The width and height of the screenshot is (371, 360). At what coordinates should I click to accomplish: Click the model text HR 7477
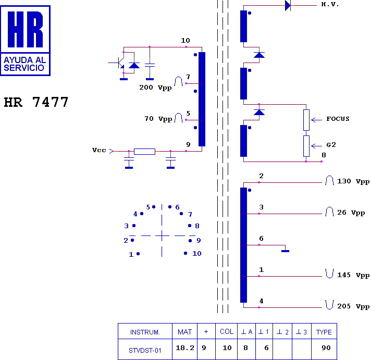pyautogui.click(x=36, y=102)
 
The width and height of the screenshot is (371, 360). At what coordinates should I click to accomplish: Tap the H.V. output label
pyautogui.click(x=330, y=5)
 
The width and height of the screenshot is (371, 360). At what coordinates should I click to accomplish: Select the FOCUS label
pyautogui.click(x=338, y=119)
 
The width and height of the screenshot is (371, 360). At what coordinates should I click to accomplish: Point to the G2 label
pyautogui.click(x=331, y=144)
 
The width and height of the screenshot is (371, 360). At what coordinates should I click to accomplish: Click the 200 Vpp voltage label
pyautogui.click(x=155, y=88)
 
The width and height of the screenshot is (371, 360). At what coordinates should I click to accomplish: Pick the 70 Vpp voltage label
pyautogui.click(x=158, y=119)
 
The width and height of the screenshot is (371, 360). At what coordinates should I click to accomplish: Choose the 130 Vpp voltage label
pyautogui.click(x=353, y=181)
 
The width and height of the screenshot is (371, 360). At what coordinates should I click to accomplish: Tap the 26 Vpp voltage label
pyautogui.click(x=351, y=213)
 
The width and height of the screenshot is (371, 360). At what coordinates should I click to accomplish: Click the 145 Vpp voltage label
pyautogui.click(x=353, y=275)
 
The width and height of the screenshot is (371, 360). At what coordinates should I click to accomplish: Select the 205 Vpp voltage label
pyautogui.click(x=353, y=306)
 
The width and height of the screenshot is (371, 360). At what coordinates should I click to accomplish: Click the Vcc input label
pyautogui.click(x=99, y=151)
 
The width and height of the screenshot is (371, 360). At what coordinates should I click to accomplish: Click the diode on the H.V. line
pyautogui.click(x=288, y=6)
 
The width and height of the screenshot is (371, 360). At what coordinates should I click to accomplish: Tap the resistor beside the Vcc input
pyautogui.click(x=144, y=151)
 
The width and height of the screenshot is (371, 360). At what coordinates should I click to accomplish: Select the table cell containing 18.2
pyautogui.click(x=185, y=348)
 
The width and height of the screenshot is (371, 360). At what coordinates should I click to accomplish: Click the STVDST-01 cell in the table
pyautogui.click(x=145, y=350)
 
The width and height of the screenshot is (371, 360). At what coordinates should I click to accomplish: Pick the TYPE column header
pyautogui.click(x=324, y=332)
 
